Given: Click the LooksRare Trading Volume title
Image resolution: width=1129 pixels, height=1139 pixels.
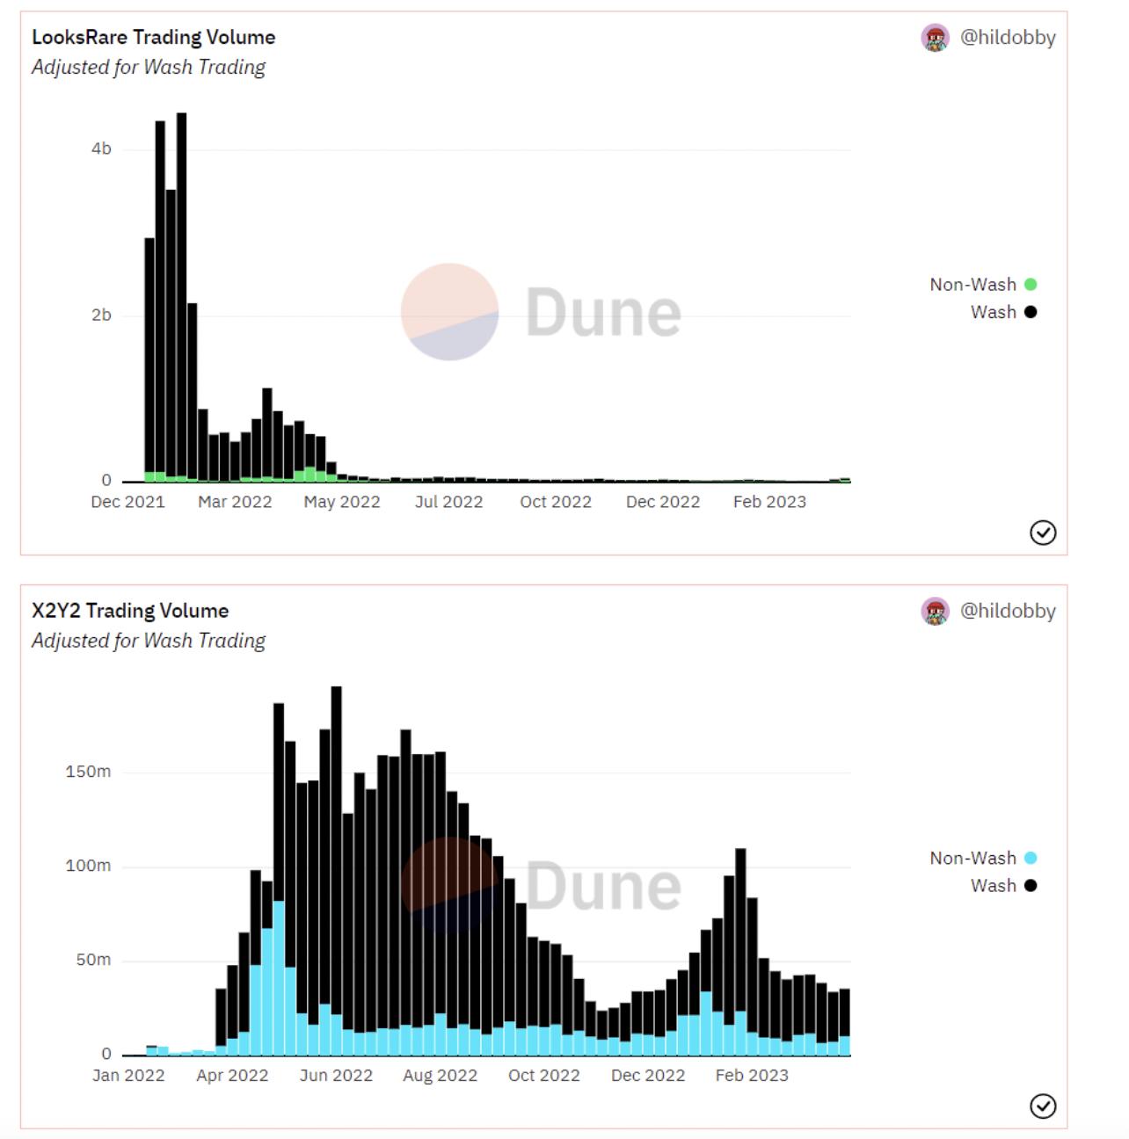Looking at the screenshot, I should [x=153, y=37].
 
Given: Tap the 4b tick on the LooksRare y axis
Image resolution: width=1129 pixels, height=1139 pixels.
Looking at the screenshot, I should [x=101, y=149].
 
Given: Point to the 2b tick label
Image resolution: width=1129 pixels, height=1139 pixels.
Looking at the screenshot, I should [x=101, y=315].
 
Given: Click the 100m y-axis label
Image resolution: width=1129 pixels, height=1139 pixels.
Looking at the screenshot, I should [x=88, y=866].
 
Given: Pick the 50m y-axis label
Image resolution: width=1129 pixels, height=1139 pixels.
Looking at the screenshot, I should [x=92, y=960].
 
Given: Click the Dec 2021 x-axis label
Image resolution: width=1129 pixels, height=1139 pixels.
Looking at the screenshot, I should [x=127, y=502].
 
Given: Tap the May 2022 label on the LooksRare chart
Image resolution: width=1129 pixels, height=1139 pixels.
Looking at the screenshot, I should [x=342, y=502].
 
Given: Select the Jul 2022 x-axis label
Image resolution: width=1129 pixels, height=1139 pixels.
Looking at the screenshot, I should [x=448, y=502].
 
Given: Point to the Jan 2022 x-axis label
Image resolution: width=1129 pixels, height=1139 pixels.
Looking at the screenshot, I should [x=128, y=1076].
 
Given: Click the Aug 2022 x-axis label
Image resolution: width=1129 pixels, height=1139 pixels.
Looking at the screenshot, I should [x=440, y=1076].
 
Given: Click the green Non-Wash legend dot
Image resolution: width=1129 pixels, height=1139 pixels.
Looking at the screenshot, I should [x=1031, y=284].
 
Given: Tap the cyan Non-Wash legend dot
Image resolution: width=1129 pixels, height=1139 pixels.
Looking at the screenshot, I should [x=1031, y=858].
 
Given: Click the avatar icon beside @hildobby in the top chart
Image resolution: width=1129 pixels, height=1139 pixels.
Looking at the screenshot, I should [x=936, y=38].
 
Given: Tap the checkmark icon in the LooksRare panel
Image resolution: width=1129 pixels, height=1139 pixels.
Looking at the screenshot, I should [x=1043, y=533].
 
